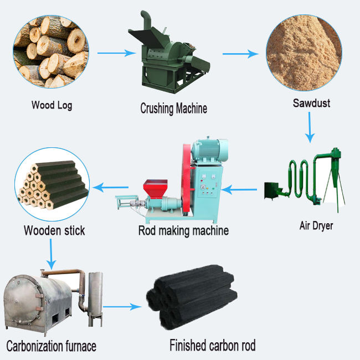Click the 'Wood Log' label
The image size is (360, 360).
(52, 105)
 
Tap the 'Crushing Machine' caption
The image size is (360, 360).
(173, 108)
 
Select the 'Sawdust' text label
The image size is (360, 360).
(311, 103)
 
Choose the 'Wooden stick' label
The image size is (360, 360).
(54, 230)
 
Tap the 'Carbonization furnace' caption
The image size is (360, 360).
(51, 346)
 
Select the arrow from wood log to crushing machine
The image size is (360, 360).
(116, 54)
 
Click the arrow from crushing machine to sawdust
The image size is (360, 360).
(241, 54)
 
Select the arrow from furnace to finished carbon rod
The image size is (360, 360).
(122, 306)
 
